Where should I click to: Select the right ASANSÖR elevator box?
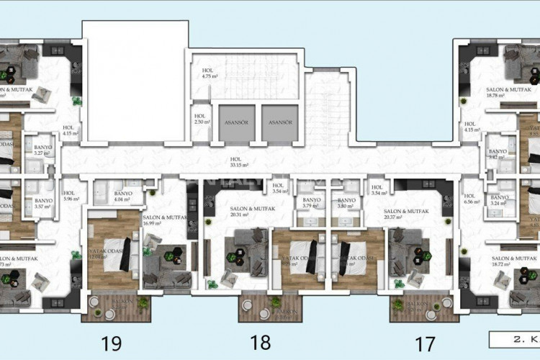pos(278,122)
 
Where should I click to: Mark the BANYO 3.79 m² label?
pos(312,204)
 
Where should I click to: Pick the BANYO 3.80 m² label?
pos(347,204)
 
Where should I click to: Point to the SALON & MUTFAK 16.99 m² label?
pos(166,220)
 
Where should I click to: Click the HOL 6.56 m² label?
pos(472,199)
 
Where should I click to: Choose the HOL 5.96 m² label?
pos(69,196)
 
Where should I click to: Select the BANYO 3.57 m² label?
pos(43,204)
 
